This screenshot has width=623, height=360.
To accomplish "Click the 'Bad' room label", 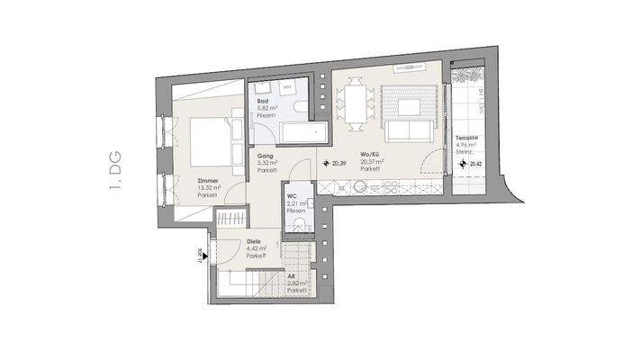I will coord(262,102).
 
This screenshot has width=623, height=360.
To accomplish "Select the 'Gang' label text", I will coord(265,156).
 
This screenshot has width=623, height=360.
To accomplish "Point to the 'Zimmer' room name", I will coord(209,181).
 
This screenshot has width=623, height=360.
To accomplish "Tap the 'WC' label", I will coord(292,196).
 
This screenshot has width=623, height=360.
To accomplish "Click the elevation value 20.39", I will coord(339,164).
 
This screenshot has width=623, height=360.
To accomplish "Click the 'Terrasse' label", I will coord(467,138).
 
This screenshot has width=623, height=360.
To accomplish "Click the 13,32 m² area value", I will coord(208,188).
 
